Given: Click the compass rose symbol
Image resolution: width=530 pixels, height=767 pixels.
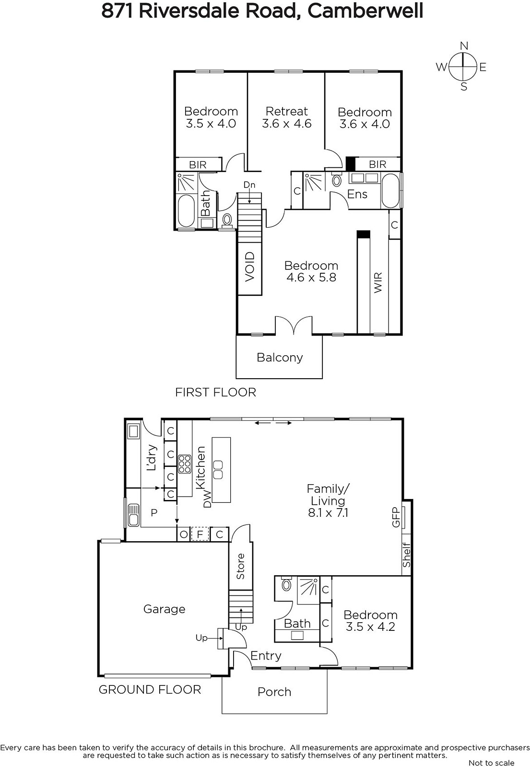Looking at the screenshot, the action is [x=462, y=67].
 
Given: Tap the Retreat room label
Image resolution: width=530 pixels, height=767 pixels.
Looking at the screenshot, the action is [x=287, y=111].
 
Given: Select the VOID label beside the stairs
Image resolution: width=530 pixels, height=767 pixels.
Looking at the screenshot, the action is [x=250, y=267].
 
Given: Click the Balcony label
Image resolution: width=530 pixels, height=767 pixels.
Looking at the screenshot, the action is [x=280, y=358].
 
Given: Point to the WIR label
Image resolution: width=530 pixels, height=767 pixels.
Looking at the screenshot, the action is [x=377, y=282].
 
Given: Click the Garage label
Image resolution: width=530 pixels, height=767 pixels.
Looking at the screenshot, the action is [x=164, y=609].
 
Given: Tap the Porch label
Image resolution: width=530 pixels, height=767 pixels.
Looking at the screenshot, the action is [x=274, y=692].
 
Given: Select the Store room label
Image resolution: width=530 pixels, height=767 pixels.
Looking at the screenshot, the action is [x=240, y=566].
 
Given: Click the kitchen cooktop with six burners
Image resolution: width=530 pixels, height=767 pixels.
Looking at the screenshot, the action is [x=184, y=464].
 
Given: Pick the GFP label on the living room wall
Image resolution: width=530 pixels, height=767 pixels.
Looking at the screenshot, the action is [x=395, y=517].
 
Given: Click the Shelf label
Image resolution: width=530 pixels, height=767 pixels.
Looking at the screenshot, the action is [x=406, y=554].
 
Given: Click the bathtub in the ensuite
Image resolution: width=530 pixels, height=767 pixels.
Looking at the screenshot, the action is [x=390, y=191].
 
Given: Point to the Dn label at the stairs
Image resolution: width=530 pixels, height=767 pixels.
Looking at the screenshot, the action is [x=249, y=185].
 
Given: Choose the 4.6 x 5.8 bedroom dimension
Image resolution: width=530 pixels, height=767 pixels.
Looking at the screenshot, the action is [x=311, y=278].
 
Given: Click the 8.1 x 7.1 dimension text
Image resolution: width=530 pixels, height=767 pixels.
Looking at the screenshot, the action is [x=328, y=512].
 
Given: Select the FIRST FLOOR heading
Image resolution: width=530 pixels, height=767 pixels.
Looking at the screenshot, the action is [x=215, y=392].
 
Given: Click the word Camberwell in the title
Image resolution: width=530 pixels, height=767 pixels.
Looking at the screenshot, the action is [x=365, y=11].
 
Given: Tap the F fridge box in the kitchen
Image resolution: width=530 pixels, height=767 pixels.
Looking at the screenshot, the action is [x=200, y=534].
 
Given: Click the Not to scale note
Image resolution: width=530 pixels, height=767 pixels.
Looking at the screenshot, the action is [x=491, y=763].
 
